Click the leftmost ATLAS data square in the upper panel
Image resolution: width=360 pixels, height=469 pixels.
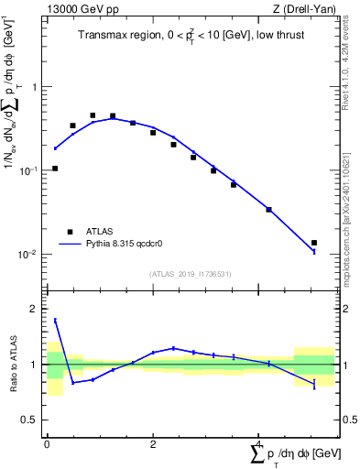[x=55, y=169]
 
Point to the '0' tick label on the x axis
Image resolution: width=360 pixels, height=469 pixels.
[x=47, y=444]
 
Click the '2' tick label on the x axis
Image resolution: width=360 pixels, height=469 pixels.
[x=153, y=444]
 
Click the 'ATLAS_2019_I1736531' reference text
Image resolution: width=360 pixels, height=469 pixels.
[x=190, y=274]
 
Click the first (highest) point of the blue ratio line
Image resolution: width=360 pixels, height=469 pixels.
[x=55, y=320]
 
